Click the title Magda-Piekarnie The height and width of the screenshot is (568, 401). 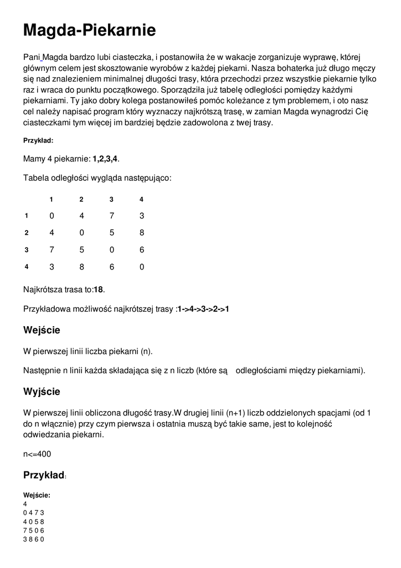[x=89, y=31]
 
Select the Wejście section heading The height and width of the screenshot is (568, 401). [x=42, y=330]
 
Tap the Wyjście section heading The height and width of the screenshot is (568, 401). [x=42, y=392]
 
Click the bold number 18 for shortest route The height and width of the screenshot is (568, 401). [x=99, y=289]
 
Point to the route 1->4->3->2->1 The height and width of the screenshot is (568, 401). [x=203, y=309]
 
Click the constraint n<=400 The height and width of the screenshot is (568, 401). [x=37, y=454]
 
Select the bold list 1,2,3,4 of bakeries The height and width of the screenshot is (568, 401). [x=105, y=159]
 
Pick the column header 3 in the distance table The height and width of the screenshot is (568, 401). [x=111, y=199]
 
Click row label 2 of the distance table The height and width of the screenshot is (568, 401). [x=26, y=232]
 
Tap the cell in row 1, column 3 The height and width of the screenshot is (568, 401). [x=111, y=215]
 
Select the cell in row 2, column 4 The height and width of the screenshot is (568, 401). [x=142, y=232]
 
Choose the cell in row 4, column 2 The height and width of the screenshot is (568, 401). [x=81, y=267]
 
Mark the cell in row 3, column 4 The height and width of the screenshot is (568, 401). [x=142, y=250]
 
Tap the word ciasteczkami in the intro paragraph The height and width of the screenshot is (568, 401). [x=47, y=123]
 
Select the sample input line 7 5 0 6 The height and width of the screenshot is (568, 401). [x=33, y=530]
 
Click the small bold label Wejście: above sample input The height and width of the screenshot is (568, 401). [x=37, y=495]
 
